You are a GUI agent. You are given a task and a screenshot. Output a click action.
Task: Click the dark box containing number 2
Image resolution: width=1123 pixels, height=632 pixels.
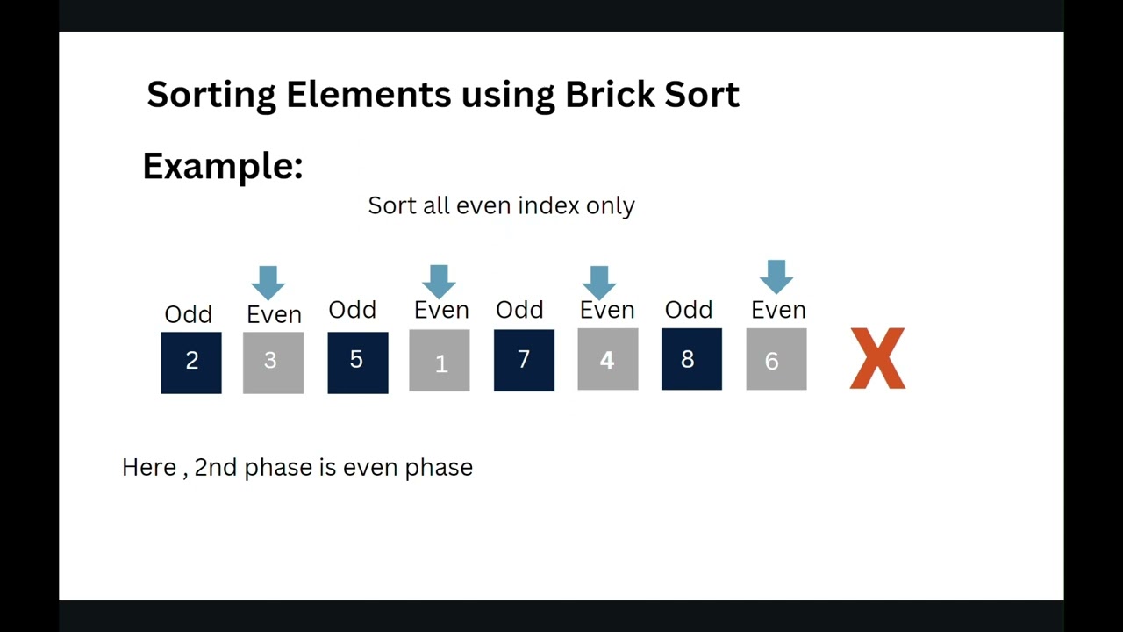[x=191, y=363]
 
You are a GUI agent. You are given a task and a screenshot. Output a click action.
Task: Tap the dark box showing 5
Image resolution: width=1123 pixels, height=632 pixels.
[x=357, y=362]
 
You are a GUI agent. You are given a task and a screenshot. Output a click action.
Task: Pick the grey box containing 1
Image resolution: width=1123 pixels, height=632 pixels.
[x=440, y=361]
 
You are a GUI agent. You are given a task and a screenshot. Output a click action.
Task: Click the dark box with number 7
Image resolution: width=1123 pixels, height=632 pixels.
[x=524, y=360]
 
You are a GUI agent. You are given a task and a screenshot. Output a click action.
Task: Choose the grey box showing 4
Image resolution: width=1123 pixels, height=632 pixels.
[x=607, y=359]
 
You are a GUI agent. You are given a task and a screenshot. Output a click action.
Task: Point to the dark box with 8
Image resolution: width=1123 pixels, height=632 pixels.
[x=691, y=359]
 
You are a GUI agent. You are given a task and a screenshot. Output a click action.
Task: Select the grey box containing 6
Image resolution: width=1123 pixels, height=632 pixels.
[x=776, y=359]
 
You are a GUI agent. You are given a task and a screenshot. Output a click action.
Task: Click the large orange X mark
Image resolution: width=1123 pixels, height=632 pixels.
[x=877, y=358]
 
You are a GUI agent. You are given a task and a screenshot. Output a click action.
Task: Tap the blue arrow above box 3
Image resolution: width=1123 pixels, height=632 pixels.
[x=268, y=283]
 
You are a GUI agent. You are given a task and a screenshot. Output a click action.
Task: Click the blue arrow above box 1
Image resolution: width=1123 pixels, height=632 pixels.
[x=439, y=281]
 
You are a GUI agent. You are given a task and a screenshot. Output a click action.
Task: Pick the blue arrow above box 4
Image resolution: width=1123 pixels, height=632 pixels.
[x=599, y=282]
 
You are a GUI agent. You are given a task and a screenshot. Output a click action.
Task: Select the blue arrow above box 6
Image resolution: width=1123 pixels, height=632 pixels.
[x=776, y=276]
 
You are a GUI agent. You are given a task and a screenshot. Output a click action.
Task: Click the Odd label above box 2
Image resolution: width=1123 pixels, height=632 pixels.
[x=189, y=314]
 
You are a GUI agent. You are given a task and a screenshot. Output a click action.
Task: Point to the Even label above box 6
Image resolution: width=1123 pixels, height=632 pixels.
[x=778, y=310]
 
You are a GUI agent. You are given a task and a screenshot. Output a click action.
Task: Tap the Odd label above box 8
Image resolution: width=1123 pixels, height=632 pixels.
[x=689, y=310]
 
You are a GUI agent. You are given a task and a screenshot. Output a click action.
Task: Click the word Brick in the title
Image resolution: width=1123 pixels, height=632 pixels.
[x=605, y=94]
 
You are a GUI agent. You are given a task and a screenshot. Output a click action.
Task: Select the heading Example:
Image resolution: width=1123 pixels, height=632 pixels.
[x=223, y=166]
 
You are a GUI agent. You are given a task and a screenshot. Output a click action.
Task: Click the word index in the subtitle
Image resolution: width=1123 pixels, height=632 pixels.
[x=548, y=205]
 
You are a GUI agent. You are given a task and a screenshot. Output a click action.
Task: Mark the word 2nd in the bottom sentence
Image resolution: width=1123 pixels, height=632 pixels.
[x=216, y=467]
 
